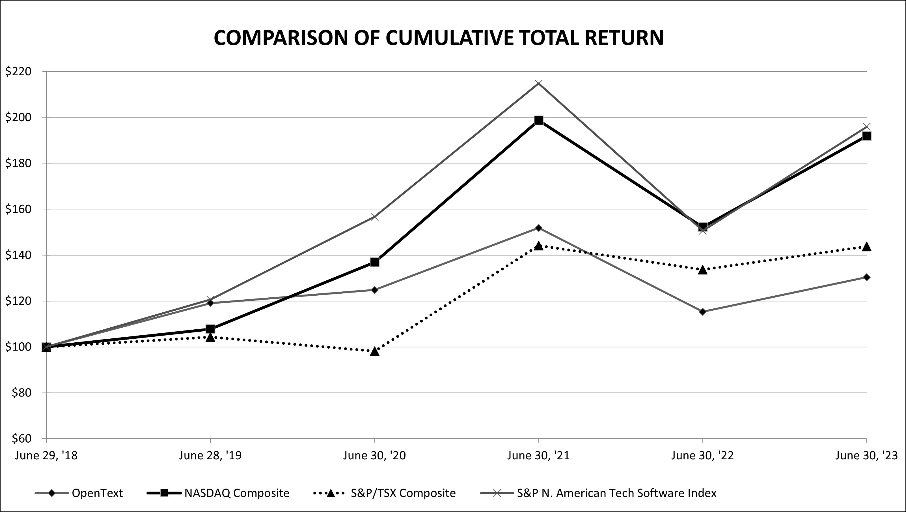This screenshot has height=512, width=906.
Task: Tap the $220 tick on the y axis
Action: [18, 71]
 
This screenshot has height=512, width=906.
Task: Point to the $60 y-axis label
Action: [21, 439]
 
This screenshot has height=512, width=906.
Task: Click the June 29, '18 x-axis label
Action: [46, 456]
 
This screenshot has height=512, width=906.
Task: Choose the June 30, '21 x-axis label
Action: [538, 456]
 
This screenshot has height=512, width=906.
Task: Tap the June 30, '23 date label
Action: [866, 456]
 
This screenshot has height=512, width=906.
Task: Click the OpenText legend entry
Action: [97, 493]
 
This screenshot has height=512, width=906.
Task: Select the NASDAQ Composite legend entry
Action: [237, 493]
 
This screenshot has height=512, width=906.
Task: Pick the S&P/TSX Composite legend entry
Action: [403, 493]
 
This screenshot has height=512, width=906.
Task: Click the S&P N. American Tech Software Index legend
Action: [616, 493]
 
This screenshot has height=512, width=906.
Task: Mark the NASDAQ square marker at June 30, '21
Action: [538, 120]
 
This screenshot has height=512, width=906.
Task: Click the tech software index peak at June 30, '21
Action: [538, 83]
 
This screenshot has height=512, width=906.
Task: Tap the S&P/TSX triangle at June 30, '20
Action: [375, 351]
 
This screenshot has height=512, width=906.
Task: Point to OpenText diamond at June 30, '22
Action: [703, 312]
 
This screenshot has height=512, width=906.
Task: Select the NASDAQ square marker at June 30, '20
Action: [375, 262]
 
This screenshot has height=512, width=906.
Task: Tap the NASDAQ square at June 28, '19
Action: [210, 329]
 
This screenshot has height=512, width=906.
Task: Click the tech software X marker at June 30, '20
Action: [375, 217]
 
